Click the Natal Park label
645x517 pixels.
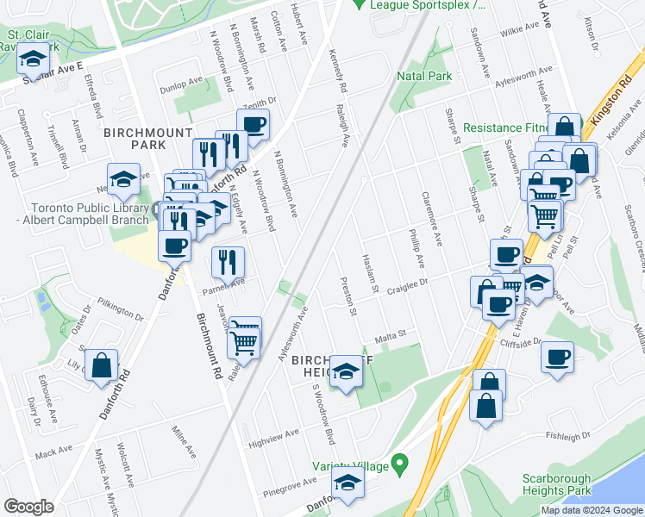click(424, 77)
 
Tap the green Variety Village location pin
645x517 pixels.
click(398, 465)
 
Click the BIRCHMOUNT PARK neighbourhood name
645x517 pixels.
click(135, 139)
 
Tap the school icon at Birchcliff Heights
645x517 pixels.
click(346, 371)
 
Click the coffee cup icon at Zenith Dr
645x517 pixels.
click(253, 124)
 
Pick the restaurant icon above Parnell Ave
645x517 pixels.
click(228, 262)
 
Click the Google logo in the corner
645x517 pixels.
click(28, 507)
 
